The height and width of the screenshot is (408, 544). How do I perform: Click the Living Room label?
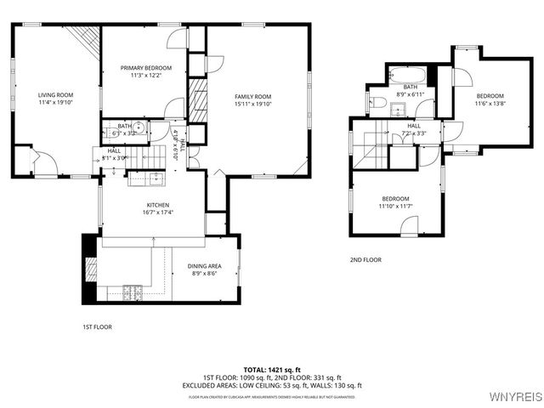[56, 95]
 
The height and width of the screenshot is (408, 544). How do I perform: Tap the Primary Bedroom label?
[145, 68]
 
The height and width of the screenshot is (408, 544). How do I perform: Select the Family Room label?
[252, 96]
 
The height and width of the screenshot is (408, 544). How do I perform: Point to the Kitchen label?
[157, 205]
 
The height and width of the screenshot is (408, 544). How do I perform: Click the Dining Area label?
[204, 266]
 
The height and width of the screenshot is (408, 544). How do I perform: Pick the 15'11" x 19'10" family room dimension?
[252, 105]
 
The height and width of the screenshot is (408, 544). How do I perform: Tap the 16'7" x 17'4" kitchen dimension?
[157, 213]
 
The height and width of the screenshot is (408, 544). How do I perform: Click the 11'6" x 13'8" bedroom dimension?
[490, 104]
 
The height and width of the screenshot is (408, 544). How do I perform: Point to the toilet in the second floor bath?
[379, 104]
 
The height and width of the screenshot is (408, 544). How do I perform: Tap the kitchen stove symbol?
[133, 292]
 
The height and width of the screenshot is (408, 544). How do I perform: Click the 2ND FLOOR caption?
[365, 260]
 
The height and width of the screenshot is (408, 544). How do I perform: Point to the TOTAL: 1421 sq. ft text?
[272, 370]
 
